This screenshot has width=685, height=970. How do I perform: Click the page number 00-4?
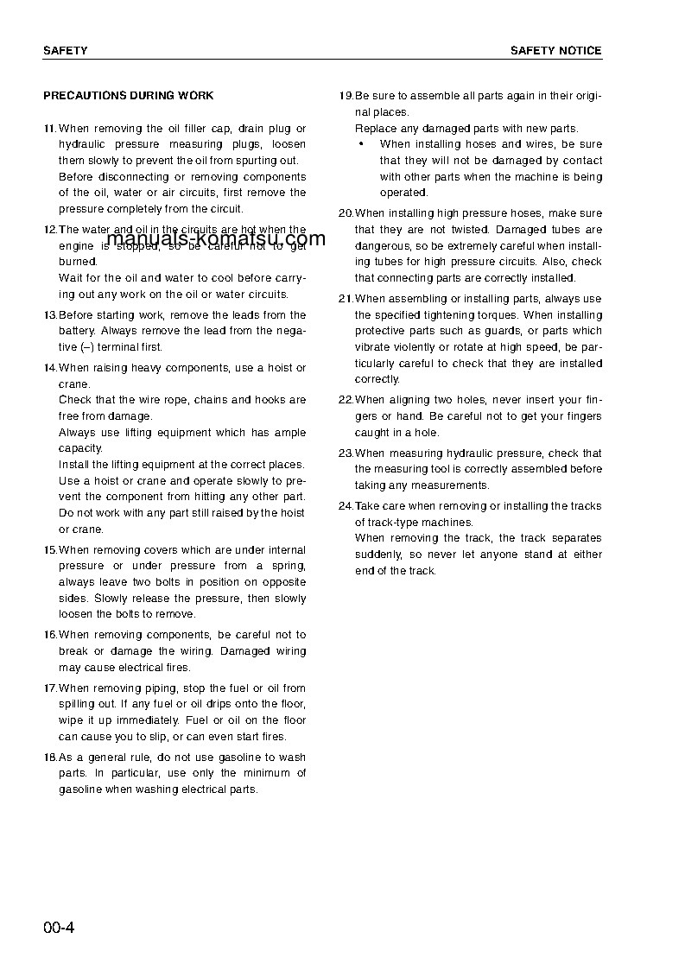point(59,929)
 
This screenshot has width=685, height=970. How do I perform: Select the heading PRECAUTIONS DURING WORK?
point(128,96)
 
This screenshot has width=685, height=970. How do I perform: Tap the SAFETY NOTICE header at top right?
point(555,51)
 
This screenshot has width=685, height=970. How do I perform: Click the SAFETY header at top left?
point(65,51)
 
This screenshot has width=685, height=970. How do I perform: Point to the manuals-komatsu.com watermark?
point(216,239)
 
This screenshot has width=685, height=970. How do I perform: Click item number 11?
point(49,129)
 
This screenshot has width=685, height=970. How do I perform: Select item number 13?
point(49,315)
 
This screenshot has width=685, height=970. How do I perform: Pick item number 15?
point(49,550)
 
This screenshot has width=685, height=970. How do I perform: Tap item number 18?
point(49,758)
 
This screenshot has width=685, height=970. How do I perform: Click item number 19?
point(346,96)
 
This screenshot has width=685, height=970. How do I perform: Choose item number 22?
point(346,400)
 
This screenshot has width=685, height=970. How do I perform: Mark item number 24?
point(346,506)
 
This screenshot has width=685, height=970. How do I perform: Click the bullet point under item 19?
point(360,145)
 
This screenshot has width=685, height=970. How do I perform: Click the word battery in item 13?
point(77,331)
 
